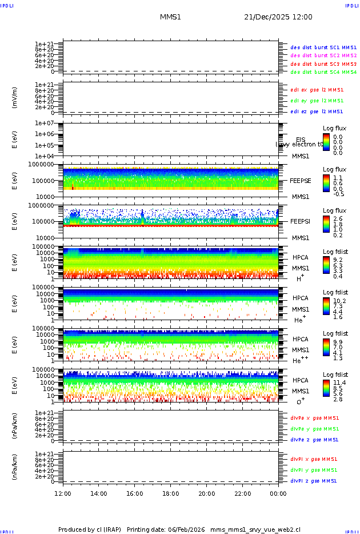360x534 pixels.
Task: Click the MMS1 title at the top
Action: click(x=170, y=17)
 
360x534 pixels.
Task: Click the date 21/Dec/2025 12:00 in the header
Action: click(x=278, y=17)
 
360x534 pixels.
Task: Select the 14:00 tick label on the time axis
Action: click(x=99, y=493)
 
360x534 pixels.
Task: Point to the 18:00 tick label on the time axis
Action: click(x=171, y=493)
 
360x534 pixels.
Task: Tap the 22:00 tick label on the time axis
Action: click(x=243, y=493)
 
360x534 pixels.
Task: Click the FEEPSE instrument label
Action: click(x=301, y=180)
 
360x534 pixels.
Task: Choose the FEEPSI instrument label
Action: click(x=301, y=221)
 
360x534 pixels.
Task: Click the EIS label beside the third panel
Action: click(x=301, y=140)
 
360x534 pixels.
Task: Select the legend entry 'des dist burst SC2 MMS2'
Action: click(x=323, y=55)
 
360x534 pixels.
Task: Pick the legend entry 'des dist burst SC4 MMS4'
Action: click(x=323, y=72)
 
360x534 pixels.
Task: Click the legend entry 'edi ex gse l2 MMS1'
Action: click(x=317, y=90)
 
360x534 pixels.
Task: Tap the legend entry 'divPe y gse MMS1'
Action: click(x=314, y=429)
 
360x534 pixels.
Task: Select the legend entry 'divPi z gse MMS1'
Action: click(x=314, y=481)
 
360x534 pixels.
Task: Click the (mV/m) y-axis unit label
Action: click(x=15, y=98)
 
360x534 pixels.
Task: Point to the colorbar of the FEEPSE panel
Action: click(x=326, y=182)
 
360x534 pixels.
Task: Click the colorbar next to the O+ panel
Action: click(x=326, y=388)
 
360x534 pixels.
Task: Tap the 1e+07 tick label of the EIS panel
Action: click(x=45, y=123)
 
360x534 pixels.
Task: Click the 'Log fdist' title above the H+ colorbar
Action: click(x=335, y=252)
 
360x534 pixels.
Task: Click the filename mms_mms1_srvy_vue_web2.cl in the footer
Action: click(x=255, y=529)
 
